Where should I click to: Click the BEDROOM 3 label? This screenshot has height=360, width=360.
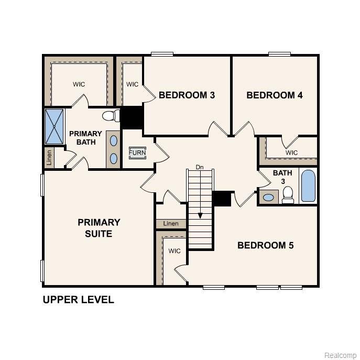point(187,95)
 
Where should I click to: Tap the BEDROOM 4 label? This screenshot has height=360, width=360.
point(275,95)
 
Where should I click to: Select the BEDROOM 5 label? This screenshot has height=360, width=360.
point(266,245)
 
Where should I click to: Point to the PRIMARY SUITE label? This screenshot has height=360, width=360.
point(99,228)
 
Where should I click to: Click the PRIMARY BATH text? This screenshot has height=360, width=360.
point(85,138)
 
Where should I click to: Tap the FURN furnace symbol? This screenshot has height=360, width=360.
point(137,153)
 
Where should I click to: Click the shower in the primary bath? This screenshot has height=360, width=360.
point(54,126)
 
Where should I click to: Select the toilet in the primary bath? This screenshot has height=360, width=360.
point(110,116)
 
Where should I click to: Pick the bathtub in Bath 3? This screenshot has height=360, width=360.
point(309,186)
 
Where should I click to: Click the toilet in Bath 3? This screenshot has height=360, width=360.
point(287,195)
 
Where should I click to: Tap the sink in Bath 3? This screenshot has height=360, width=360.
point(269,198)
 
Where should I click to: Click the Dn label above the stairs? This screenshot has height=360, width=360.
point(199,167)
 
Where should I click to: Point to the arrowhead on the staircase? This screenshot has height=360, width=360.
point(200,215)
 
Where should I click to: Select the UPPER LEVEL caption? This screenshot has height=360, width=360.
point(78,300)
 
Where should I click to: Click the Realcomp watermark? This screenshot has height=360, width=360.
point(340,355)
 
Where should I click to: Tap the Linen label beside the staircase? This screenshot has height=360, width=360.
point(171,224)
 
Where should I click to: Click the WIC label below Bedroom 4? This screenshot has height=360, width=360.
point(291,152)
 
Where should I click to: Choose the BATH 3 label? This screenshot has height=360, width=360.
point(282,177)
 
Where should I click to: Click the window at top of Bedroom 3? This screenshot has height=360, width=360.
point(162,53)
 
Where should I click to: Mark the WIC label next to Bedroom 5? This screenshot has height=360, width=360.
point(174,251)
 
